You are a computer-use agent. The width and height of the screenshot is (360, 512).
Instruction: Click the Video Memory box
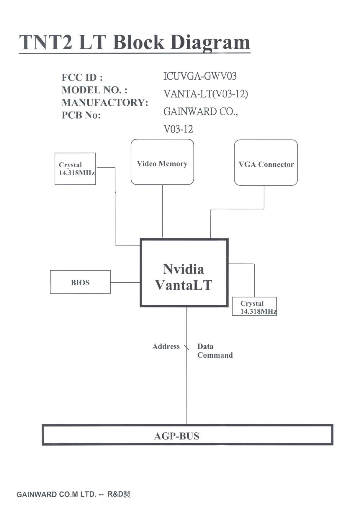click(x=162, y=162)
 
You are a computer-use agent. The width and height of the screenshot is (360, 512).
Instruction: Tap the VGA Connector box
click(x=266, y=163)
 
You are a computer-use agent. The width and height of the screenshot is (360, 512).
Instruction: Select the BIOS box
click(x=80, y=282)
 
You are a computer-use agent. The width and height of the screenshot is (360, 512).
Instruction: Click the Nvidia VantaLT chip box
click(x=184, y=273)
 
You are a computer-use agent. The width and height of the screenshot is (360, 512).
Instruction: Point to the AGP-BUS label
click(x=176, y=436)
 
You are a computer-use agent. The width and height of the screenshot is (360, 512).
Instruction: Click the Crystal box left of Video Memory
click(x=75, y=169)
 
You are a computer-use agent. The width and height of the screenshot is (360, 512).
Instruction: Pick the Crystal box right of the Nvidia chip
click(x=254, y=307)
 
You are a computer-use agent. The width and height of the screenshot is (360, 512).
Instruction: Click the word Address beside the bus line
click(x=166, y=346)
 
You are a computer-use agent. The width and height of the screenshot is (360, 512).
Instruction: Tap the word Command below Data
click(x=215, y=355)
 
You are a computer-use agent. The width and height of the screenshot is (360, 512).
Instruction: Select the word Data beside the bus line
click(x=205, y=346)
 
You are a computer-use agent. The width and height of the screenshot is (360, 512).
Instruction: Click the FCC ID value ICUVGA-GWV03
click(x=200, y=76)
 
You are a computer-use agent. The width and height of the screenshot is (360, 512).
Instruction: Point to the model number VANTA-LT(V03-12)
click(x=206, y=94)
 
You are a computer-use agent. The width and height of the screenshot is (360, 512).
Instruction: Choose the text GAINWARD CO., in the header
click(x=201, y=112)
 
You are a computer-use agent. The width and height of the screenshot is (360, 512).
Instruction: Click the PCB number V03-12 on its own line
click(x=178, y=129)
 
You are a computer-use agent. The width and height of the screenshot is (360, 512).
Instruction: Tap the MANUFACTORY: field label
click(x=105, y=102)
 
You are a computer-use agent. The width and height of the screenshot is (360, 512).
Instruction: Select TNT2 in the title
click(x=46, y=42)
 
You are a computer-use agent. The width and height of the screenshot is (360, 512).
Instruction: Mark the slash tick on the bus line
click(x=186, y=347)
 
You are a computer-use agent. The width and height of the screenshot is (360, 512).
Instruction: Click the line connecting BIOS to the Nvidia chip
click(x=125, y=282)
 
